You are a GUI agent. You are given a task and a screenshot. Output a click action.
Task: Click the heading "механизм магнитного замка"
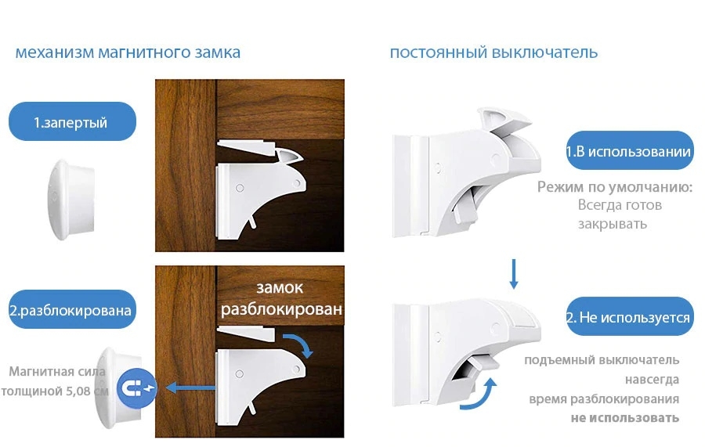point(128,52)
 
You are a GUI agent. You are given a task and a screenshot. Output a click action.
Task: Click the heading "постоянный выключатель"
point(493,52)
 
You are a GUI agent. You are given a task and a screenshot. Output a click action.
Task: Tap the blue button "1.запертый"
point(72,121)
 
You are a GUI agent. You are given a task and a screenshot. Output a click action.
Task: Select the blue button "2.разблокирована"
point(72,309)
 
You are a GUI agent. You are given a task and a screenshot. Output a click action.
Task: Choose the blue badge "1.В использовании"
point(629,150)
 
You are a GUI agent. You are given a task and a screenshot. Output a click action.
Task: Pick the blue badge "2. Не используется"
point(629,316)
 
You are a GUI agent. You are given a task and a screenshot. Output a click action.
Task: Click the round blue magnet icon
point(136,388)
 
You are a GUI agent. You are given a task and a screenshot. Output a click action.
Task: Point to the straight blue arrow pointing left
point(190,388)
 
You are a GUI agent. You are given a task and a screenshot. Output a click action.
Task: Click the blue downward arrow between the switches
point(513,273)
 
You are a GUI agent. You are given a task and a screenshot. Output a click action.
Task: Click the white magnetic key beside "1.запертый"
point(71,199)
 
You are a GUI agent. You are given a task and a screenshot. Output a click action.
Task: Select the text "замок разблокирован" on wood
point(281,298)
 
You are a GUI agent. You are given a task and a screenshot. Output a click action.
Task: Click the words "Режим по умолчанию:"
point(615,186)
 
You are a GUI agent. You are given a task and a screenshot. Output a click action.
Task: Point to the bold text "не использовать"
point(625,418)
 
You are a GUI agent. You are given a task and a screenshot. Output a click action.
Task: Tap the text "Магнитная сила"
point(57,372)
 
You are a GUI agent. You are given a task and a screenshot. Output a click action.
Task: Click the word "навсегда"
point(652,380)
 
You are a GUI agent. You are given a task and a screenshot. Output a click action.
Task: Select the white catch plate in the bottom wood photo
point(247,333)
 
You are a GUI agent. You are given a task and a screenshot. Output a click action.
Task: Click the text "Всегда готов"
point(620,205)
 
